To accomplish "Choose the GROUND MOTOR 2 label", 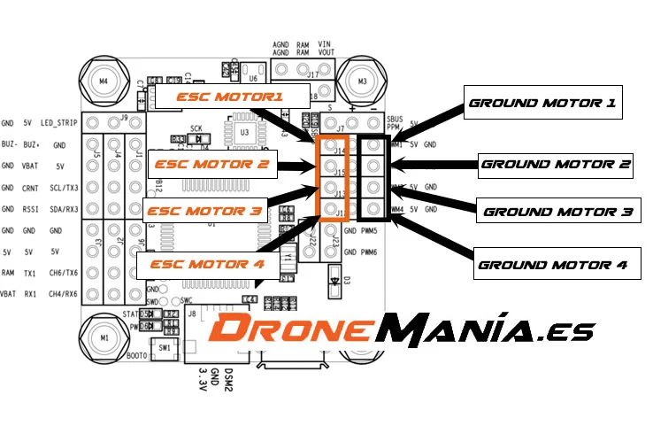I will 556,164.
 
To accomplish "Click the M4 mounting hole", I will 104,81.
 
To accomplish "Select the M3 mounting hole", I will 361,81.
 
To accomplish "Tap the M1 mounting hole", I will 104,337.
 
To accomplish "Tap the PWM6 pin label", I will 369,252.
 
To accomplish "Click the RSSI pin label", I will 30,209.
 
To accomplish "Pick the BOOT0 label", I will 137,356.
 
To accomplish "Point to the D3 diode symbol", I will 334,284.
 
